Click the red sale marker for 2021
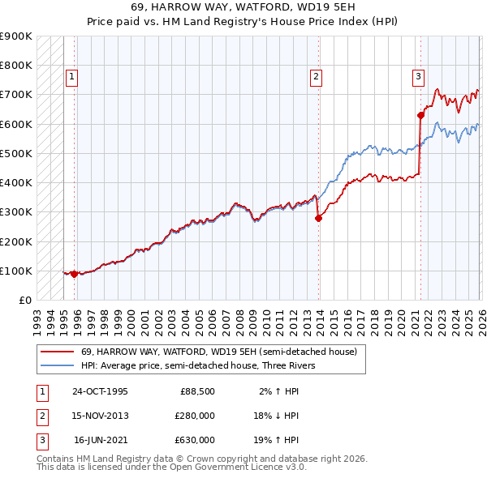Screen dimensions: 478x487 click(x=421, y=115)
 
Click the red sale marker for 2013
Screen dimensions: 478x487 click(x=319, y=217)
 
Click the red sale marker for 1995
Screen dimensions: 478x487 click(x=75, y=274)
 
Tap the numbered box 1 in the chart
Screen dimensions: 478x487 click(x=71, y=78)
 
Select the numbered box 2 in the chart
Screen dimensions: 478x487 click(x=316, y=78)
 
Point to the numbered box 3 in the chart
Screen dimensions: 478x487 click(x=418, y=78)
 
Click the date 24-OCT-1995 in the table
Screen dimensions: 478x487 click(x=101, y=391)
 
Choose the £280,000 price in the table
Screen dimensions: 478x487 click(x=196, y=416)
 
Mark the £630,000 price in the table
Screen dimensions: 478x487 click(x=196, y=440)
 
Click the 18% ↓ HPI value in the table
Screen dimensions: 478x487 click(x=277, y=416)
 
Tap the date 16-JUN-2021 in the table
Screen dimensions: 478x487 click(x=101, y=440)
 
